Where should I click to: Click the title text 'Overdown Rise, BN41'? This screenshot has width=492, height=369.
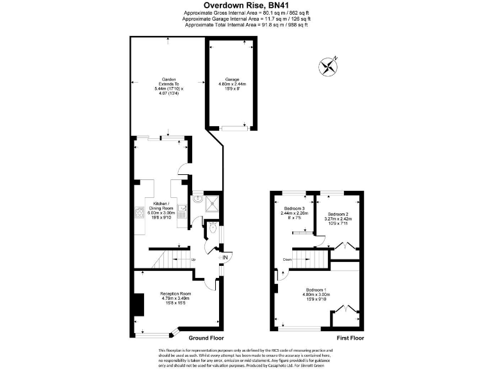pyautogui.click(x=246, y=5)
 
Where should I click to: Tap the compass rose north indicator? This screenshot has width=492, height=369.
pyautogui.click(x=329, y=65)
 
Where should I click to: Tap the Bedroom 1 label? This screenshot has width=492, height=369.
pyautogui.click(x=316, y=294)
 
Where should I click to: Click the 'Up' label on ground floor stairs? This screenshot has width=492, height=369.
pyautogui.click(x=193, y=259)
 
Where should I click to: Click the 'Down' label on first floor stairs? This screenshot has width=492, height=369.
pyautogui.click(x=288, y=260)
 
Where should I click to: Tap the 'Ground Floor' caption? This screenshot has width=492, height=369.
pyautogui.click(x=206, y=338)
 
